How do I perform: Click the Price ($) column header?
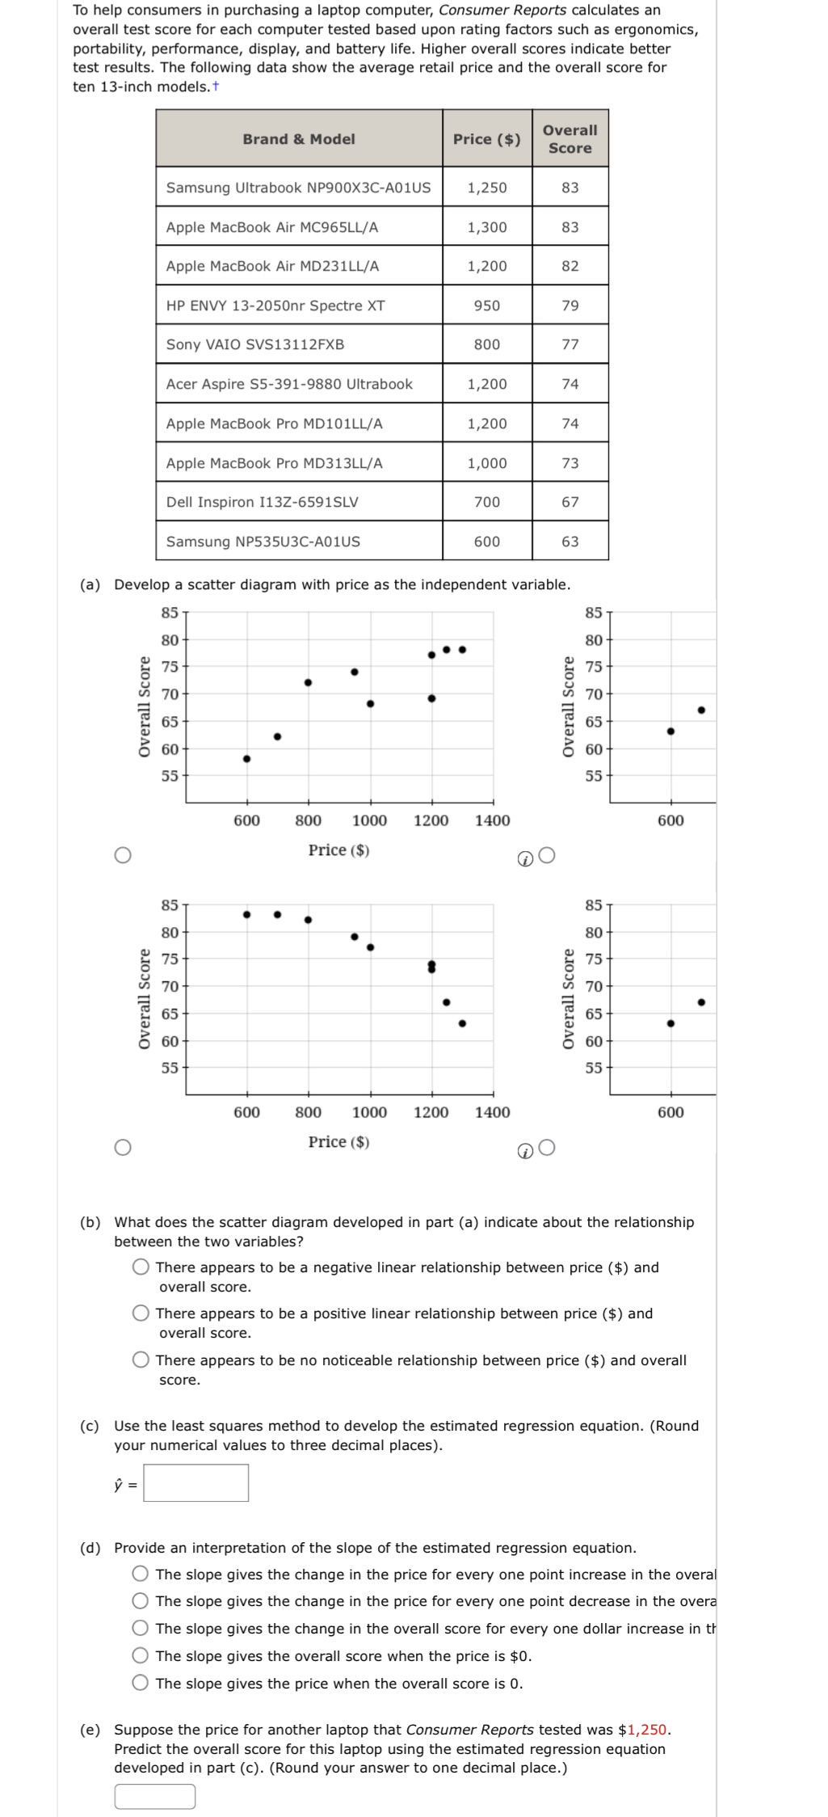[486, 139]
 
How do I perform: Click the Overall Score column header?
[570, 139]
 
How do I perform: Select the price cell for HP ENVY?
[486, 306]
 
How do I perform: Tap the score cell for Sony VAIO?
[570, 344]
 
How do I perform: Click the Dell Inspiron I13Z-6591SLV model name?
[262, 502]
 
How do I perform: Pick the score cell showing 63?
[570, 542]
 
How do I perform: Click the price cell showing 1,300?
[486, 227]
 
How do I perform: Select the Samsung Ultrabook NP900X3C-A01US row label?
[298, 188]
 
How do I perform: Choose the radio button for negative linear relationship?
[142, 1267]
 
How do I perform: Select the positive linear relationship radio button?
[142, 1313]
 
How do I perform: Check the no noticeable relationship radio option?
[142, 1360]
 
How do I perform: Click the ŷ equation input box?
[196, 1483]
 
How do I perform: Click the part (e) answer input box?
[154, 1796]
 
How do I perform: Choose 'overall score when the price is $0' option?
[142, 1656]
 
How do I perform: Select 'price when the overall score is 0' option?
[142, 1684]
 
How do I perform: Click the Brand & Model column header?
[299, 139]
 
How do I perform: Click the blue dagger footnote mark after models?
[216, 86]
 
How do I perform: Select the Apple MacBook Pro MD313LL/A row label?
[274, 463]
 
